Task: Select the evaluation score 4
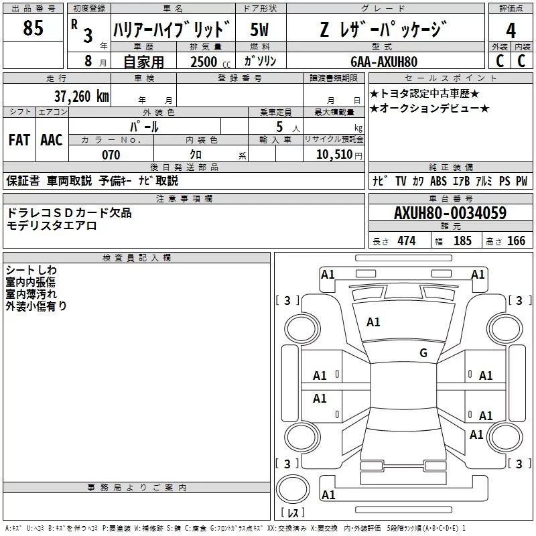click(511, 31)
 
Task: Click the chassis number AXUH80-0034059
click(450, 213)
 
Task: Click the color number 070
click(111, 155)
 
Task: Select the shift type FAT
click(19, 140)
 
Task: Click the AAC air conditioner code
click(51, 140)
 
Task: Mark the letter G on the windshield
click(423, 353)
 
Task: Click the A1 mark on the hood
click(373, 322)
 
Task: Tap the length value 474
click(406, 241)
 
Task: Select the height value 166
click(516, 241)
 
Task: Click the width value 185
click(462, 241)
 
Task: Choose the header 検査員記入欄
click(137, 258)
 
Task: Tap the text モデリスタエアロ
click(52, 226)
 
